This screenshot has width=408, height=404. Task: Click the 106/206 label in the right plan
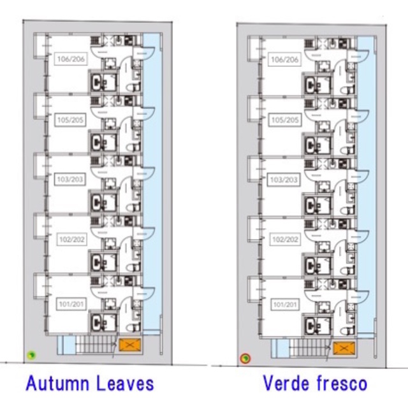tap(285, 60)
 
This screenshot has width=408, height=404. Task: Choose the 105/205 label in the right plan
tap(285, 120)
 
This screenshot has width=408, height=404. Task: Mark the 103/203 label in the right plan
tap(285, 180)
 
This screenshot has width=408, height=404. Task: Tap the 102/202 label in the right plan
tap(285, 240)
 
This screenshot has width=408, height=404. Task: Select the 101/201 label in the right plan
tap(285, 305)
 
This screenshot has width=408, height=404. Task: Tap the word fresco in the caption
tap(343, 384)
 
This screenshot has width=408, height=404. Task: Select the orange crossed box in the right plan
tap(343, 348)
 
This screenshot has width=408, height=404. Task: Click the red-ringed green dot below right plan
tap(244, 359)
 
